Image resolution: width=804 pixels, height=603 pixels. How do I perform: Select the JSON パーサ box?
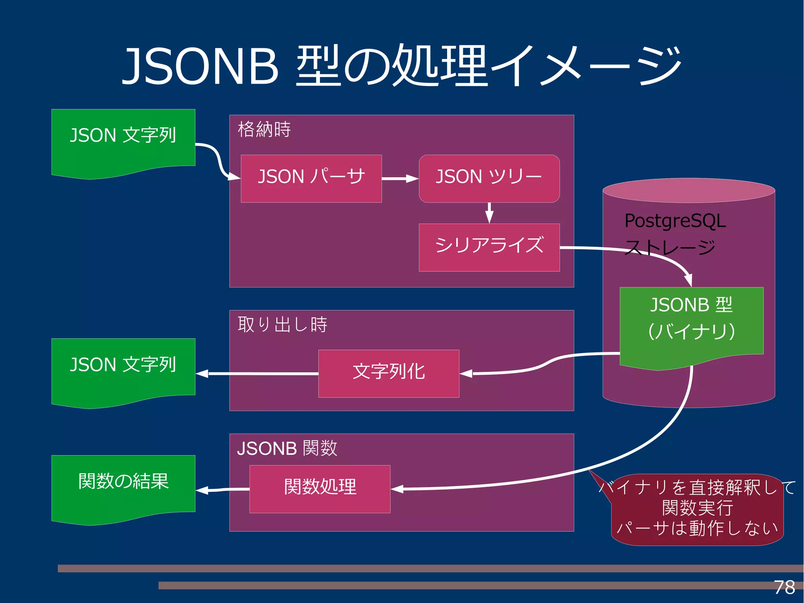pos(311,179)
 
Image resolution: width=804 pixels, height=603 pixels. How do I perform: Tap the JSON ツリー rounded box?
pos(489,179)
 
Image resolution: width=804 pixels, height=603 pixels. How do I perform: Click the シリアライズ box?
pos(489,247)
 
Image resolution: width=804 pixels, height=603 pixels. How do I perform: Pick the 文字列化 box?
pos(389,373)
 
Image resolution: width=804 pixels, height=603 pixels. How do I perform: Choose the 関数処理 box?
pos(320,489)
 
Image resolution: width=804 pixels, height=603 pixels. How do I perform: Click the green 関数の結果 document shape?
pos(123,487)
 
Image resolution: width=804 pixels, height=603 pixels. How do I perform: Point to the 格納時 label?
pos(264,129)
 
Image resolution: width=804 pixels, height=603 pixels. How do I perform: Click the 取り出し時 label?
pos(282,324)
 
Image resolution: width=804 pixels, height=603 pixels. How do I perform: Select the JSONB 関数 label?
pos(287,448)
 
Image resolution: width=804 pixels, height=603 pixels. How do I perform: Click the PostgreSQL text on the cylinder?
pos(675,221)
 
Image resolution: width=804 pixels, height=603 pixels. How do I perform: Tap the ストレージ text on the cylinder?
pos(670,247)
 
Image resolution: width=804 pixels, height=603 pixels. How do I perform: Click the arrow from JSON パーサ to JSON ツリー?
pos(400,179)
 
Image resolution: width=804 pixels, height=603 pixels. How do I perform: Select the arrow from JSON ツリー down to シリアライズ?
pos(489,213)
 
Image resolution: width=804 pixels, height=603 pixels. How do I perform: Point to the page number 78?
pos(784,587)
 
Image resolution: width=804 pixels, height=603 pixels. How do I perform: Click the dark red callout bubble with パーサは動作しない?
pos(697,511)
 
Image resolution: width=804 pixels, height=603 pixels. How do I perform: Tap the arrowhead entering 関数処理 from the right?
pos(397,489)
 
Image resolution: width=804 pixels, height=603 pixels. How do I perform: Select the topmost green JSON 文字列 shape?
pos(123,141)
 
